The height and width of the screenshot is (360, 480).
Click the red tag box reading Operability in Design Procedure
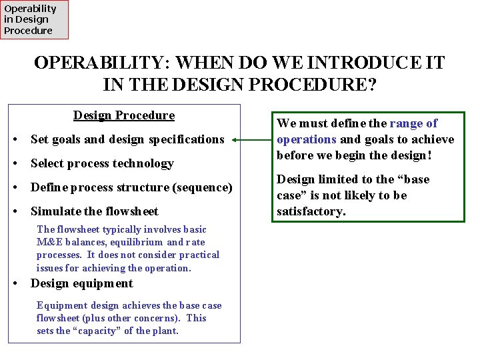(34, 19)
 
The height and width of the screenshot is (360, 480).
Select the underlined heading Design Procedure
(124, 115)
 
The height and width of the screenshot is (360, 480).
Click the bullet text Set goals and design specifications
(127, 139)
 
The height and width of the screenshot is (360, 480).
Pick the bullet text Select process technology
(102, 163)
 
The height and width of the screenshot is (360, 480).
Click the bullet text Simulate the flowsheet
(95, 211)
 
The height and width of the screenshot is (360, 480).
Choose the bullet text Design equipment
(82, 283)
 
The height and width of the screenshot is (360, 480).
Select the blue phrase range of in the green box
(413, 123)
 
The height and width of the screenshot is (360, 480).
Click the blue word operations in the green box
(307, 139)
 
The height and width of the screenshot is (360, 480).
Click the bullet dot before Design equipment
(16, 283)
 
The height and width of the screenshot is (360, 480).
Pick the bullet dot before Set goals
(16, 139)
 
